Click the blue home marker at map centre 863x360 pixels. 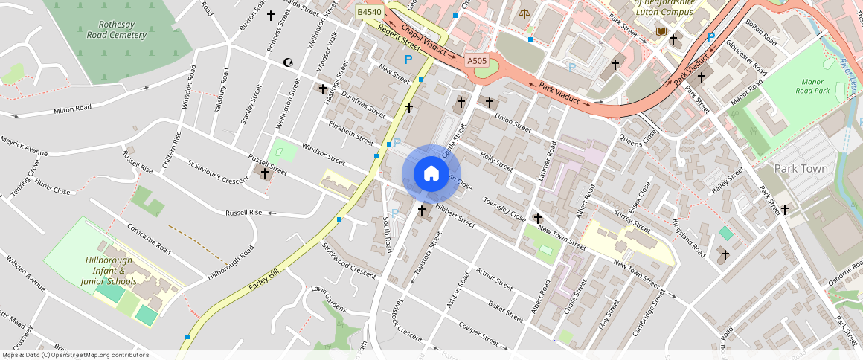(x=431, y=174)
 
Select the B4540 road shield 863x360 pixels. (x=369, y=13)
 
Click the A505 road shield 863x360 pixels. (x=476, y=60)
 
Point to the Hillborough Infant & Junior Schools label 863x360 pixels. (x=109, y=271)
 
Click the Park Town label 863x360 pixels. (x=801, y=169)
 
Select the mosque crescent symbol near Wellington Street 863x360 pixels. (x=289, y=62)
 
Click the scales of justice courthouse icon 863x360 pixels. (x=526, y=13)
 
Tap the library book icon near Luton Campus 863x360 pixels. (x=661, y=31)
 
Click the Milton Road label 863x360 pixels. (x=72, y=109)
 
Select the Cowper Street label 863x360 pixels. (x=478, y=332)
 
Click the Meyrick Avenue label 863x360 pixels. (x=24, y=146)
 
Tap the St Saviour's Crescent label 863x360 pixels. (x=217, y=171)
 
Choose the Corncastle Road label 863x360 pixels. (x=149, y=238)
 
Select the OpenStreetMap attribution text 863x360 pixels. (x=75, y=355)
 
